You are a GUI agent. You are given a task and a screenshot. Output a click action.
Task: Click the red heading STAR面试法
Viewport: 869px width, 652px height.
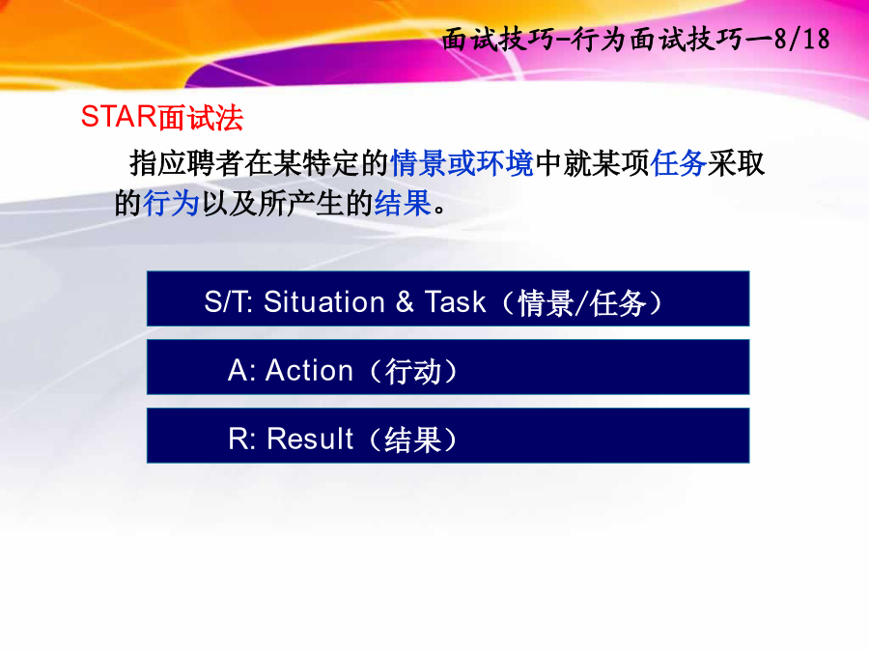tap(162, 118)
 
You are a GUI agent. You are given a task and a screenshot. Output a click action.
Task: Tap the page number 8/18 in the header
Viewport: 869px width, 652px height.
tap(802, 39)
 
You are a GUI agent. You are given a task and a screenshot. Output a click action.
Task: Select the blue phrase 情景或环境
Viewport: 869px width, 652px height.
tap(463, 163)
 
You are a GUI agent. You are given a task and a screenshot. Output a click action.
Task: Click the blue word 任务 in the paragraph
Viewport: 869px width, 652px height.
tap(679, 163)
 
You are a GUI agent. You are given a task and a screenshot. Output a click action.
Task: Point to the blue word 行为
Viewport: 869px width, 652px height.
tap(171, 203)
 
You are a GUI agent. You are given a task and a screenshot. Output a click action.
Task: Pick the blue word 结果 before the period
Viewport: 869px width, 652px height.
tap(403, 203)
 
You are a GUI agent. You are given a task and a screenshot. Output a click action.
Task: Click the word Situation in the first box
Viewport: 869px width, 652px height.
tap(324, 302)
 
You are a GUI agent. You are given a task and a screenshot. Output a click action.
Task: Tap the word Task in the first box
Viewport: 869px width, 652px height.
tap(455, 302)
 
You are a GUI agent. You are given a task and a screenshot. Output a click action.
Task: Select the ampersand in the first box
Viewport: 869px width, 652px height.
tap(405, 302)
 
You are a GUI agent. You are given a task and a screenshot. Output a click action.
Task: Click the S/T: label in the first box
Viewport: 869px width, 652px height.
tap(228, 302)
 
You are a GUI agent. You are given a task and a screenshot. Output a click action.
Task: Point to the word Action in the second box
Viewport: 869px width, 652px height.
tap(309, 370)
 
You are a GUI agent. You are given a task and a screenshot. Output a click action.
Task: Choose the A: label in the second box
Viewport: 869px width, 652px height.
tap(241, 370)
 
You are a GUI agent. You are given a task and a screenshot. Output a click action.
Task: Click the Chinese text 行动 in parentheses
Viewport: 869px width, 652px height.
tap(413, 372)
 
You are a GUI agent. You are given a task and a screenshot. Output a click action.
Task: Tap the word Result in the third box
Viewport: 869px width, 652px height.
tap(310, 439)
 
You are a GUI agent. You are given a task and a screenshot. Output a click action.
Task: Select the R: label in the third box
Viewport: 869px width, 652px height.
tap(241, 439)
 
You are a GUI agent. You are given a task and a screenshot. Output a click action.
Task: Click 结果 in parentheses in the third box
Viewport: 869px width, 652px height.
tap(412, 440)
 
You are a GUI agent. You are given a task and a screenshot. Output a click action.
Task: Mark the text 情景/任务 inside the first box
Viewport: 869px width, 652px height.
tap(582, 303)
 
